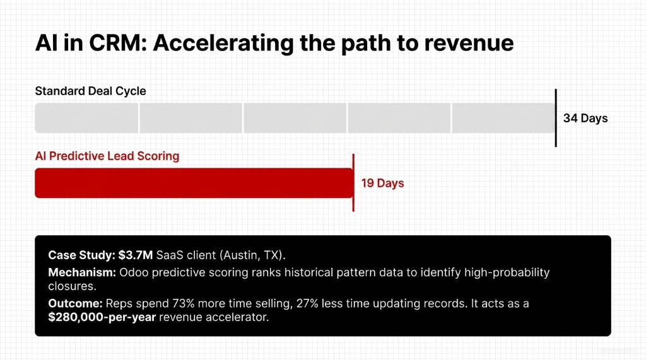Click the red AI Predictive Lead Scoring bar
[193, 183]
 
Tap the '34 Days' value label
[585, 118]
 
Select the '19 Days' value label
[382, 183]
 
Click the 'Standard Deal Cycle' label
[90, 91]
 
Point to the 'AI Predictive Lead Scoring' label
[107, 156]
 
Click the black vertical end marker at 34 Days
[556, 118]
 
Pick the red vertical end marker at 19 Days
[353, 183]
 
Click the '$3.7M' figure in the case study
[134, 255]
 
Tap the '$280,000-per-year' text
[102, 317]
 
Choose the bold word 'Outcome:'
[73, 303]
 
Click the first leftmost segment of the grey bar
[86, 118]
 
